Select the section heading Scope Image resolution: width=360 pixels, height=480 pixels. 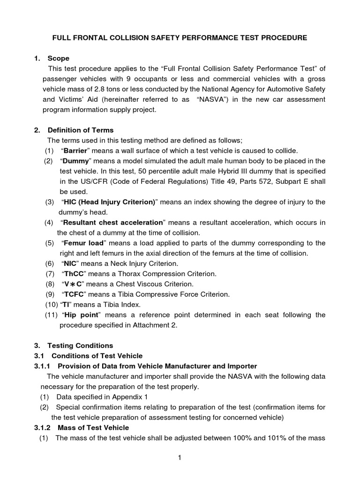(x=59, y=59)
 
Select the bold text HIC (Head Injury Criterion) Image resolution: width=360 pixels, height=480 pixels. (x=110, y=202)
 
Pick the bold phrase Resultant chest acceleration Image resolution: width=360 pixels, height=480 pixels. (x=112, y=222)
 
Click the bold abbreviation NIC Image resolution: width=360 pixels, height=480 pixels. (x=70, y=263)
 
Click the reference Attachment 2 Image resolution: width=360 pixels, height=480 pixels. (x=157, y=325)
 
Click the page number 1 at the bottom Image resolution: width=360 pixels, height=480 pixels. (x=180, y=458)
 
